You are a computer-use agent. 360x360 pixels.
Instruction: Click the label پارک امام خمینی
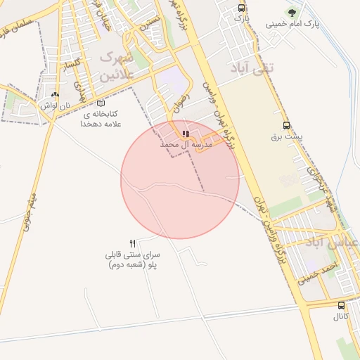click(x=292, y=24)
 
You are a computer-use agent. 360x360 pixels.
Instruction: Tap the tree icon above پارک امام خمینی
click(x=291, y=12)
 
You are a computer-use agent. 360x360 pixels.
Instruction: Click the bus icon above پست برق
click(x=285, y=125)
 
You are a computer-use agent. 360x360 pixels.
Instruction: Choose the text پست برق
click(x=285, y=136)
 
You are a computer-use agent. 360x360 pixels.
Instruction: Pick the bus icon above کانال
click(x=342, y=306)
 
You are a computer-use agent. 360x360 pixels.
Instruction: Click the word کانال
click(x=342, y=317)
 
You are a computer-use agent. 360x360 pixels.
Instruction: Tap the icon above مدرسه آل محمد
click(x=186, y=133)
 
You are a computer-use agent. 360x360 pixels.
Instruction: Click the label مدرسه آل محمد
click(x=186, y=143)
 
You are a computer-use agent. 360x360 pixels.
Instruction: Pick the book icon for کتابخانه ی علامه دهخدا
click(x=101, y=103)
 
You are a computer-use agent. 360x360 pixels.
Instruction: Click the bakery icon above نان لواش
click(x=56, y=94)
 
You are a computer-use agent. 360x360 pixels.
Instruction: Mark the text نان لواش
click(x=56, y=105)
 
